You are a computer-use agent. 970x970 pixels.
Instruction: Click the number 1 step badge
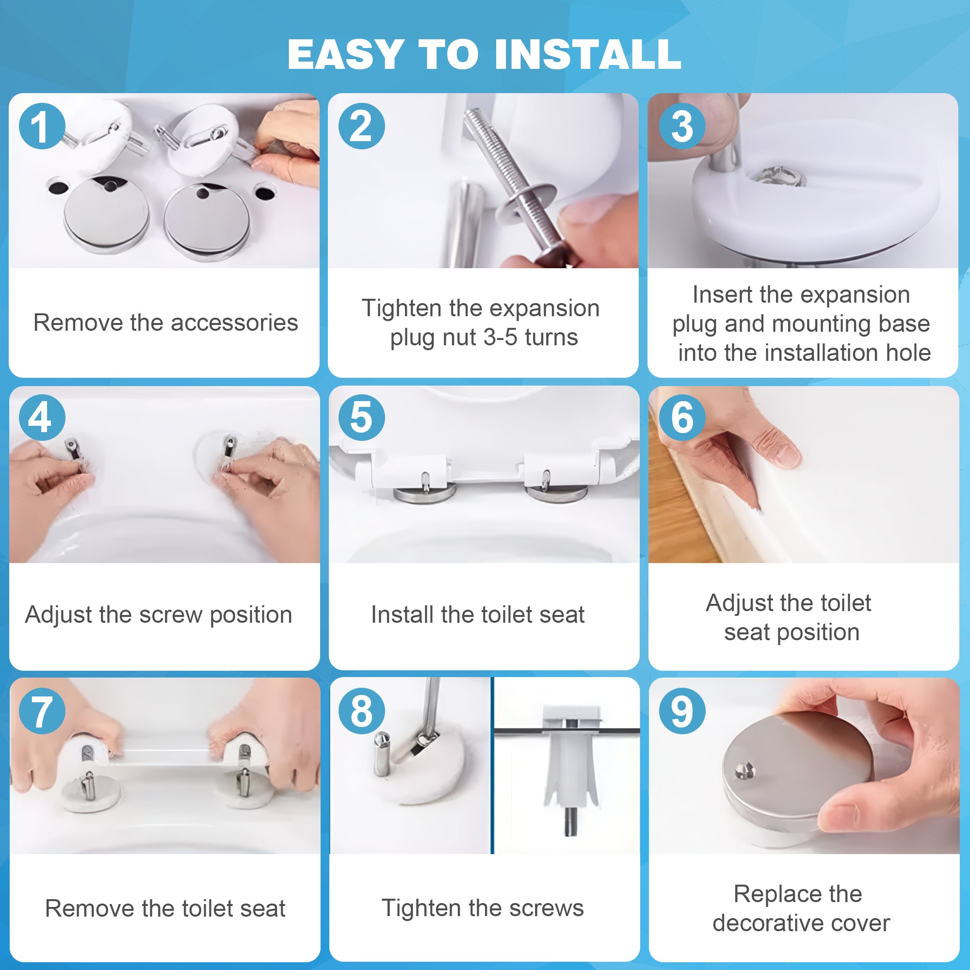click(x=42, y=126)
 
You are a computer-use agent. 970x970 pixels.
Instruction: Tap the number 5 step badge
click(x=361, y=418)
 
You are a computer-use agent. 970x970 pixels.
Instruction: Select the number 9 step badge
click(x=682, y=711)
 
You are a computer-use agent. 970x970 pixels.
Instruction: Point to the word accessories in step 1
click(x=234, y=323)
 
